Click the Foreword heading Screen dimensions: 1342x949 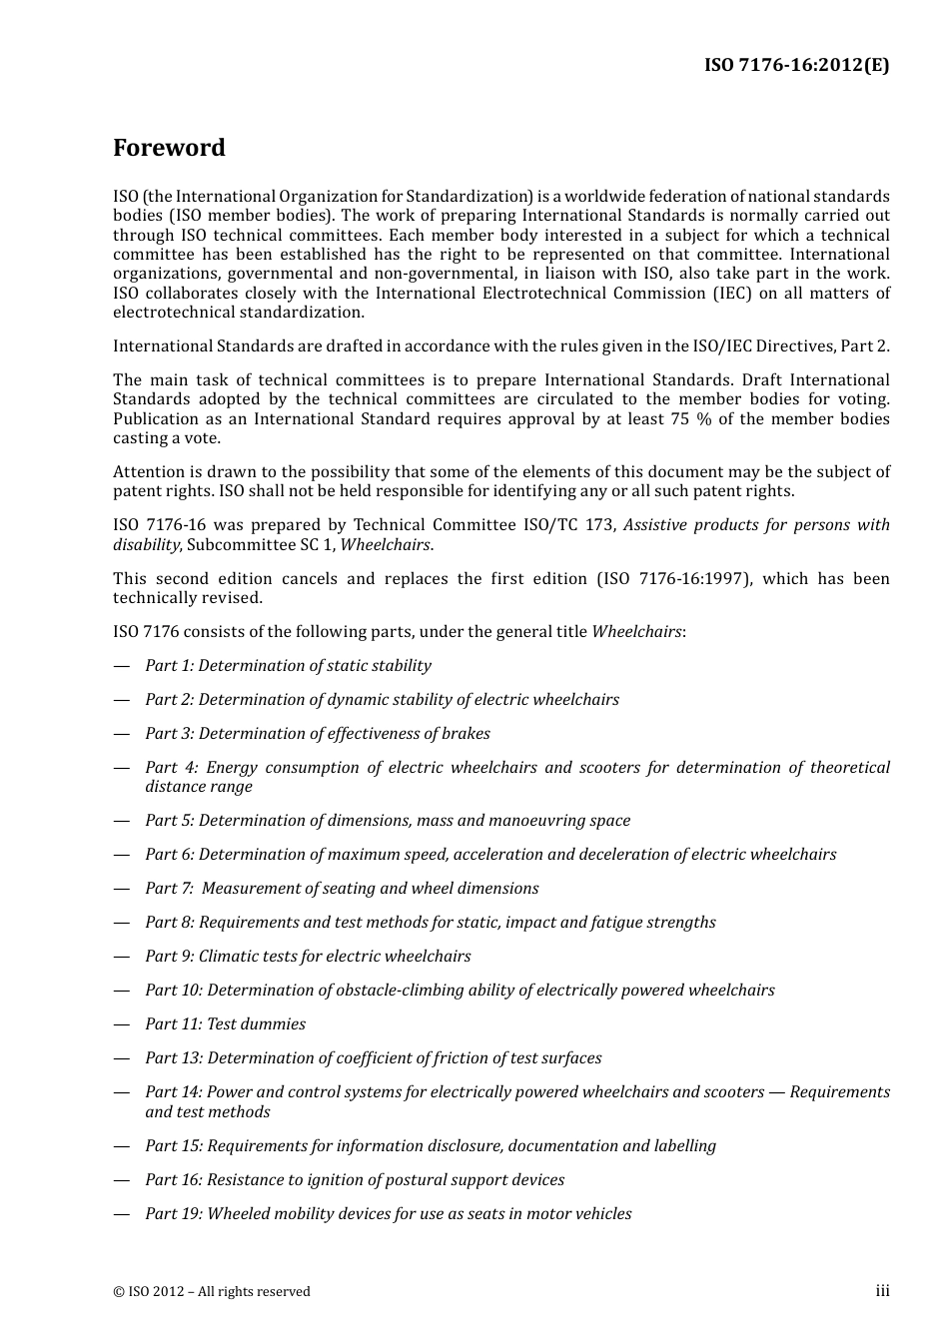(x=169, y=148)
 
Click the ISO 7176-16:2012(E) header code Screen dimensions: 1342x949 (x=796, y=65)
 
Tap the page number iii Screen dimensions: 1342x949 (x=882, y=1291)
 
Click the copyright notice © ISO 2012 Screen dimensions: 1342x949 (x=211, y=1291)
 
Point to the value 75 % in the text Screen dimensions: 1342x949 (x=690, y=418)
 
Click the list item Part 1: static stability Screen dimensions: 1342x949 (x=288, y=665)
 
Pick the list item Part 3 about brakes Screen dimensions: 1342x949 (x=317, y=733)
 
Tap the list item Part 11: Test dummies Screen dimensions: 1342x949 (x=225, y=1023)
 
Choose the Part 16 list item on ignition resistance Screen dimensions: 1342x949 (x=354, y=1179)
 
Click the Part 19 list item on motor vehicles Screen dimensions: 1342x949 (x=388, y=1213)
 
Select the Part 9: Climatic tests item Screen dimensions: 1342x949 (x=308, y=956)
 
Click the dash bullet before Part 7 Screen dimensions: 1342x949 (x=122, y=889)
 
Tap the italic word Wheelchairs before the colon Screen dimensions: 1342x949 (x=637, y=631)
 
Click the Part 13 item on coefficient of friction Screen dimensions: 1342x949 (x=373, y=1057)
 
